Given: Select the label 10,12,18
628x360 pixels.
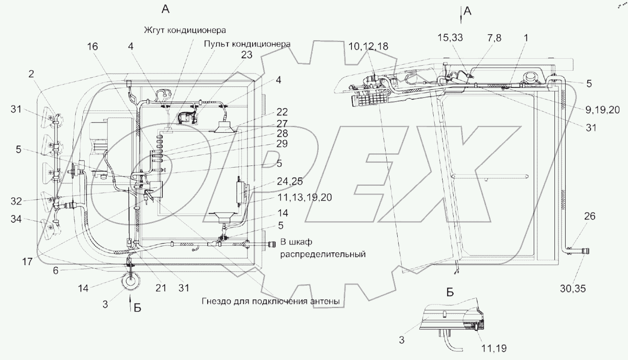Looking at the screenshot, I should click(x=369, y=46).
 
